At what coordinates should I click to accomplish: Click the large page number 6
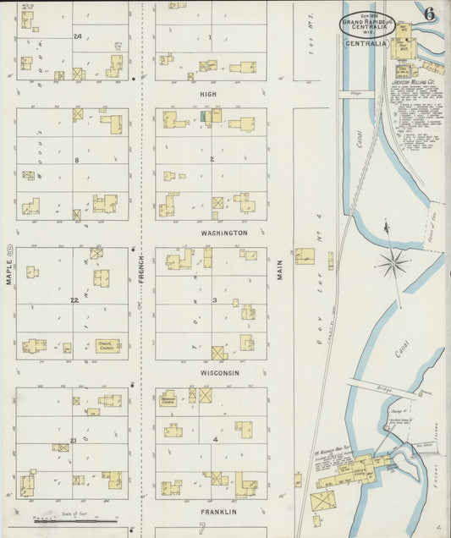coord(430,14)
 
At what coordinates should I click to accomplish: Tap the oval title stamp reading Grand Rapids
coord(367,25)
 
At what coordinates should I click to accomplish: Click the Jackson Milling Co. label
coord(413,83)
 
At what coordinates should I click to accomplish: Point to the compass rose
coord(393,263)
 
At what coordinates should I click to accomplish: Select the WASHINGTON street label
coord(223,233)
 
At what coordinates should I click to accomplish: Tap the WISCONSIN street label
coord(220,373)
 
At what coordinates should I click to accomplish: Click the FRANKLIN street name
coord(218,512)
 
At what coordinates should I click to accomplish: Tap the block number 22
coord(74,300)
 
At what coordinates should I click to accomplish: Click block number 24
coord(77,36)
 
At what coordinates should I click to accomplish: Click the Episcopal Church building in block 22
coord(107,345)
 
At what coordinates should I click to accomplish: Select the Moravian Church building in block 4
coord(168,398)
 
